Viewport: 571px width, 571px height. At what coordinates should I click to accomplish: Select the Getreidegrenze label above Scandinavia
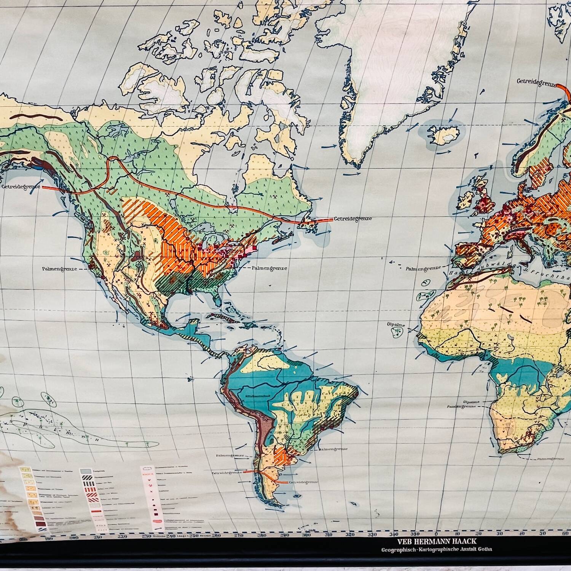click(537, 81)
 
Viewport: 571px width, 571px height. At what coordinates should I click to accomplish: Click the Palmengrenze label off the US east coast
click(269, 268)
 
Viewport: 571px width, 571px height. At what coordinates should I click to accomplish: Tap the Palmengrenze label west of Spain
click(424, 268)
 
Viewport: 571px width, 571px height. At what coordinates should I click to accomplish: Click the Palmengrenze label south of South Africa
click(550, 459)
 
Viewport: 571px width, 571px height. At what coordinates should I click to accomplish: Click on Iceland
click(444, 133)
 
